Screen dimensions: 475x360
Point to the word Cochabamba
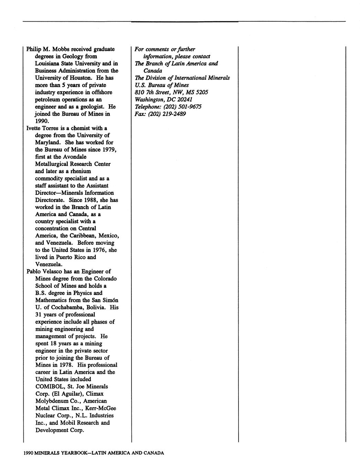pyautogui.click(x=61, y=307)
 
